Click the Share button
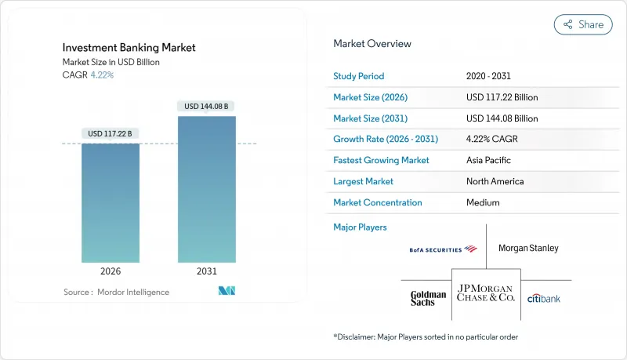coord(583,24)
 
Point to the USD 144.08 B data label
coord(208,106)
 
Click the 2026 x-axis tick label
coord(111,272)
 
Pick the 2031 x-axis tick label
coord(208,272)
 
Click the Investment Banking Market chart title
coord(129,48)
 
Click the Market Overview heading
coord(371,44)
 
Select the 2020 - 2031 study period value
coord(490,76)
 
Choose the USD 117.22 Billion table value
coord(502,97)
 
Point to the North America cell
coord(495,181)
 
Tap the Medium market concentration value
coord(482,202)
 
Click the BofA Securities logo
coord(443,249)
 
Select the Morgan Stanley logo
coord(528,248)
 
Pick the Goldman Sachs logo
coord(428,298)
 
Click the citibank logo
coord(543,298)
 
